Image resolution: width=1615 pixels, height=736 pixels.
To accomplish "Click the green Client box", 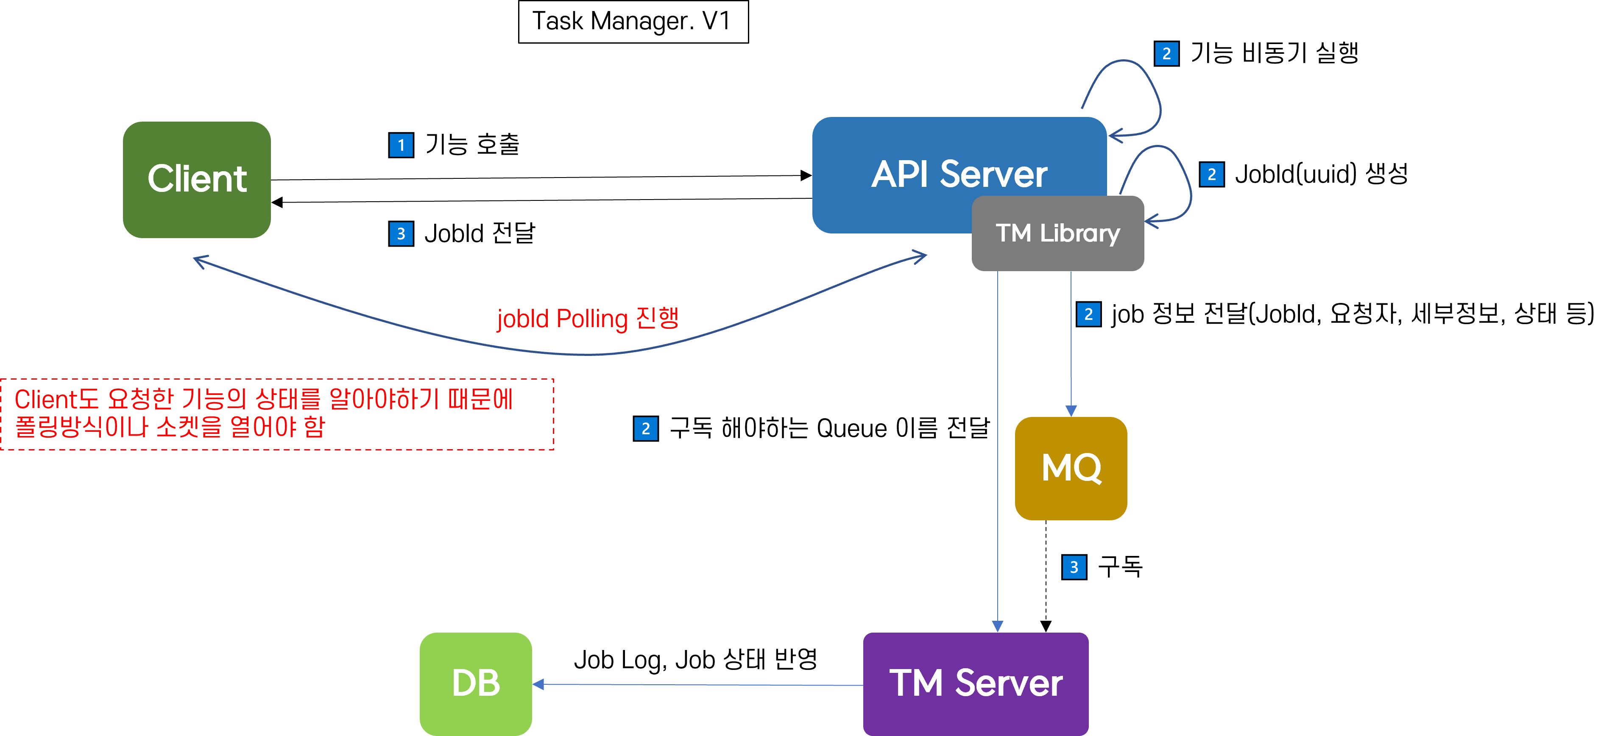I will click(x=197, y=180).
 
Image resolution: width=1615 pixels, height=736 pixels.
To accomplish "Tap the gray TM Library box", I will click(x=1057, y=233).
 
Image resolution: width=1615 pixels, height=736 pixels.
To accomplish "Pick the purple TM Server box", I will click(x=976, y=683).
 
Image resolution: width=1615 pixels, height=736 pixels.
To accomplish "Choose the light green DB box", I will click(x=476, y=683).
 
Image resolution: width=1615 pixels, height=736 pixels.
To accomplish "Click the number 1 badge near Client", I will click(x=401, y=145).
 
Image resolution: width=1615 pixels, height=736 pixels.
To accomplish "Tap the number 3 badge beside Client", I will click(x=401, y=233).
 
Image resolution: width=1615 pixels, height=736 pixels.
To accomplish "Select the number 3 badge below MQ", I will click(x=1074, y=567).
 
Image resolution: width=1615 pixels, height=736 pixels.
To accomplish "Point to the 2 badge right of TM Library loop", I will click(x=1211, y=175).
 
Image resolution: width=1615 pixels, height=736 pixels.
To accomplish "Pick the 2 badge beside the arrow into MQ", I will click(x=1088, y=314).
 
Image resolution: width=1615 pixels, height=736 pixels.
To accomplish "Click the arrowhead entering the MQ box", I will click(x=1071, y=410).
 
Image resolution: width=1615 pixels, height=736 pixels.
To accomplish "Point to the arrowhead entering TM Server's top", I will click(x=998, y=626).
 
